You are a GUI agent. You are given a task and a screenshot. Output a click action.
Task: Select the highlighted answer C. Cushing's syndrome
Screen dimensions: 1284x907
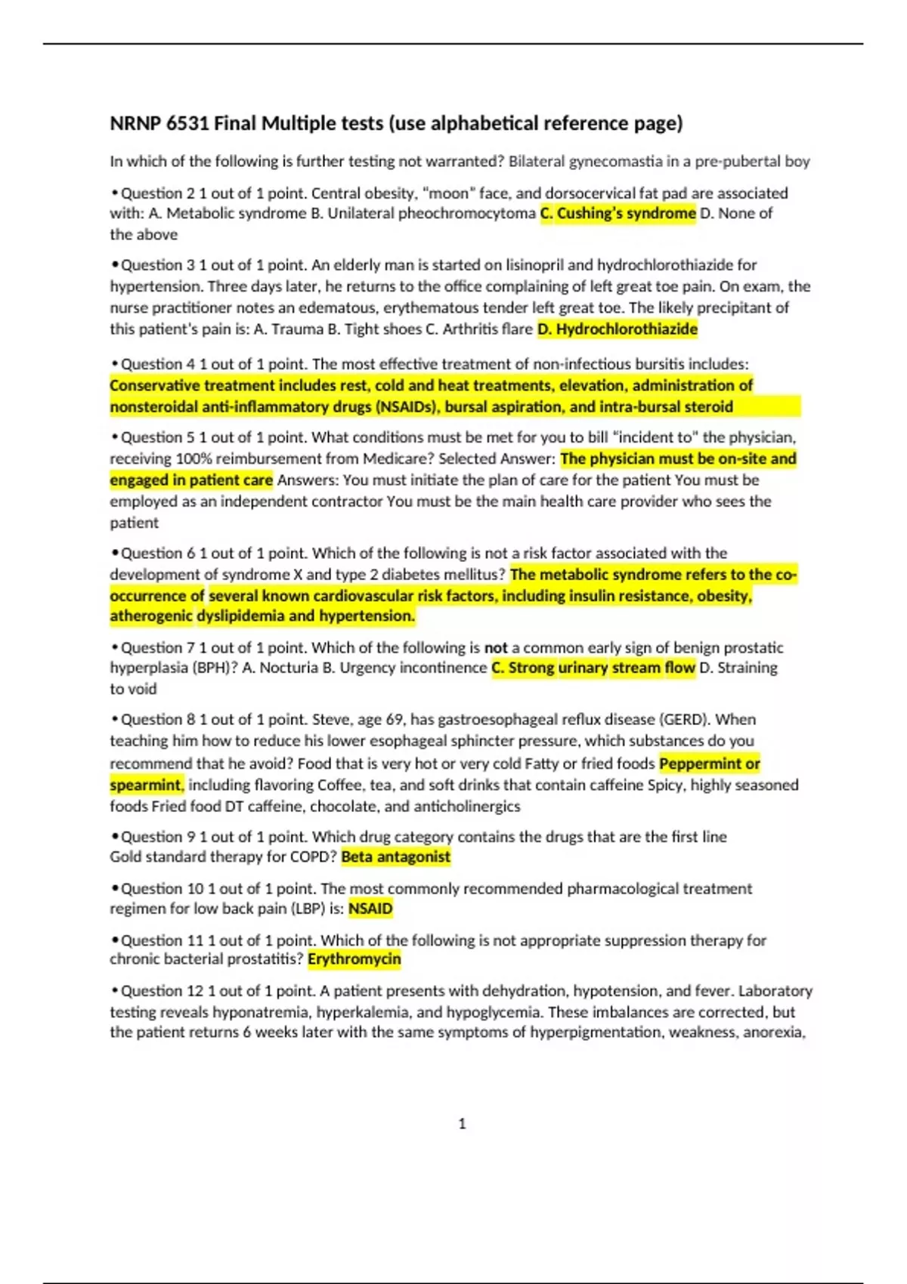(618, 214)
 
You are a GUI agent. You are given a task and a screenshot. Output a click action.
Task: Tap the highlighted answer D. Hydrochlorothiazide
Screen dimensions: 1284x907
(617, 329)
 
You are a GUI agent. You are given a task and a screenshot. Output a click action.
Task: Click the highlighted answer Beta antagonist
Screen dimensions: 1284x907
(395, 857)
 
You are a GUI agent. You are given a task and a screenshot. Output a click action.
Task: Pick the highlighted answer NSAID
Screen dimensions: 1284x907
(370, 909)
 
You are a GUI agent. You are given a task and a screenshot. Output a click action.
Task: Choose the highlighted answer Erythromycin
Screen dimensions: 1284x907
(354, 959)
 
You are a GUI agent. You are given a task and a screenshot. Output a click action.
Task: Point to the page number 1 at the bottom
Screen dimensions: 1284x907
(462, 1124)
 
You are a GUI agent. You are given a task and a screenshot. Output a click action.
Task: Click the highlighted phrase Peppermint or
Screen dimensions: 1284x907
(709, 764)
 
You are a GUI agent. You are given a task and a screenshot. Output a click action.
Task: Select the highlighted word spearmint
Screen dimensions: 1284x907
(146, 786)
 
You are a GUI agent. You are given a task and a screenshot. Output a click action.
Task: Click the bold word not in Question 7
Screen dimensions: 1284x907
(496, 648)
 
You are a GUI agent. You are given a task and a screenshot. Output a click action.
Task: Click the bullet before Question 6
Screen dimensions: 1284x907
(115, 554)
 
